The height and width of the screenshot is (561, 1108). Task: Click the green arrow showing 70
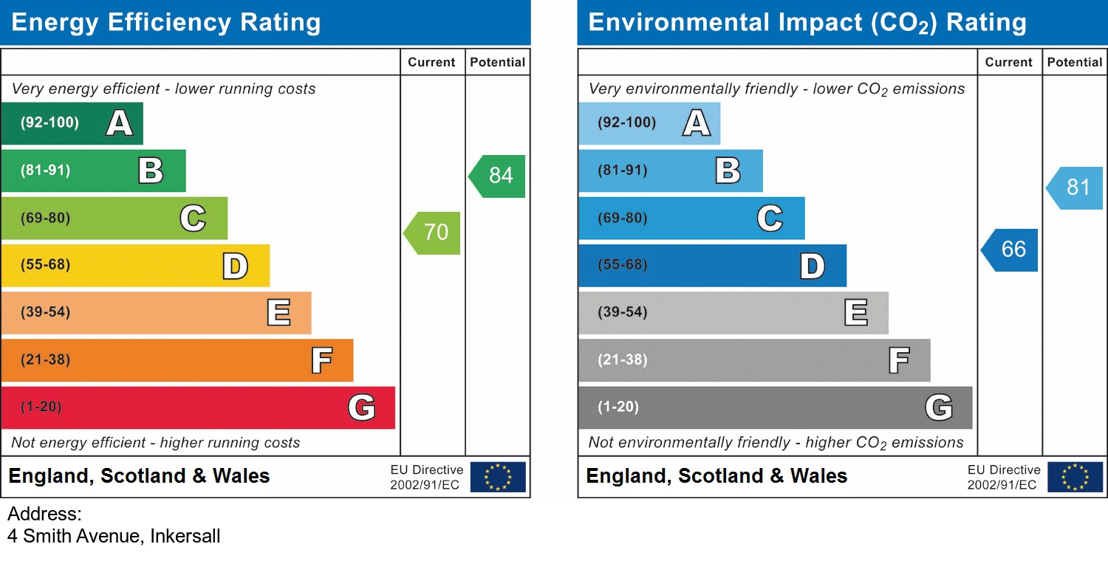point(434,233)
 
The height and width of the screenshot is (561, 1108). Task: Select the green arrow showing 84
point(499,176)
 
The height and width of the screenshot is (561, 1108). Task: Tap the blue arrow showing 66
point(1011,249)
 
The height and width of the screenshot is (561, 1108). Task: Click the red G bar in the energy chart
point(197,407)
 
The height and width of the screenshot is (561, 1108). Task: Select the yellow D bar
point(134,266)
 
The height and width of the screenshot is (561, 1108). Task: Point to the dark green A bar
point(72,123)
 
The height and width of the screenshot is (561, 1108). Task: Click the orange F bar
point(177,360)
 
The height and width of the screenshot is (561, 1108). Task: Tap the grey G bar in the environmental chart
point(775,407)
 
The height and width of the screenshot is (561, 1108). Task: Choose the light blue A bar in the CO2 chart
point(649,123)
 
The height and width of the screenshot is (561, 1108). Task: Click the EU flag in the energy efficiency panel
point(498,477)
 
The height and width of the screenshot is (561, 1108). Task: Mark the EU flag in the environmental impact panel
point(1075,477)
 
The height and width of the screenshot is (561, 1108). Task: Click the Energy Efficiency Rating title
point(166,23)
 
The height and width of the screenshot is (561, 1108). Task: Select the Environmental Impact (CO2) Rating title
point(807,23)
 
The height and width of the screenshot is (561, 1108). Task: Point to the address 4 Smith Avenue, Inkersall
point(114,537)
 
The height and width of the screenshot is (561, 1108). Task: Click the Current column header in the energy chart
point(431,63)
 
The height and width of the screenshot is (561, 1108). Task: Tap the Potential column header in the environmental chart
point(1075,63)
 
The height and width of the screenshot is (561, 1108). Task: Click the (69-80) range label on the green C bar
point(46,218)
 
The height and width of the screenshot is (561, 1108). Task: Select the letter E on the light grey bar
point(855,313)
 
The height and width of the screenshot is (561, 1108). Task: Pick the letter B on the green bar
point(151,171)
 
